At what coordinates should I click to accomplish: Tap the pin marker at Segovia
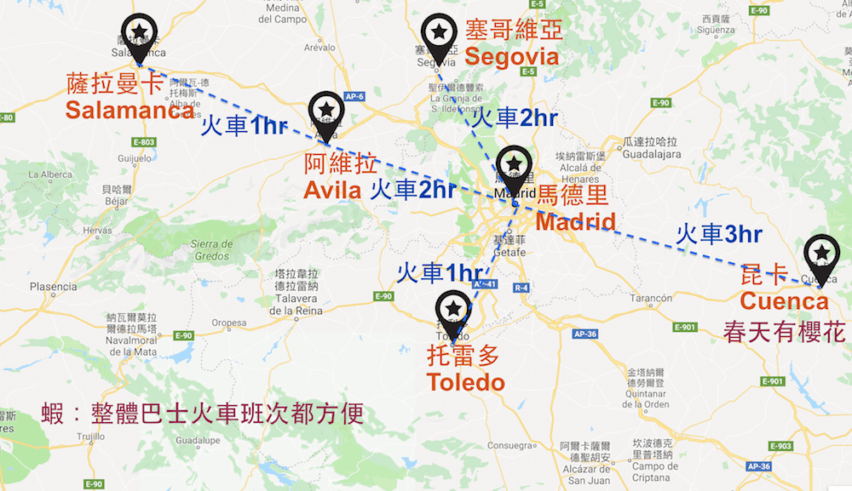(x=438, y=32)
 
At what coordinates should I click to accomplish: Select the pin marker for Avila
(x=326, y=110)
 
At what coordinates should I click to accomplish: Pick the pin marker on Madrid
(x=514, y=164)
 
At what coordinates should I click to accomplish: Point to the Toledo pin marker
(x=453, y=309)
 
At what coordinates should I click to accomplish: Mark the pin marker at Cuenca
(x=821, y=253)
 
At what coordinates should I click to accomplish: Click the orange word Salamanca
(x=129, y=111)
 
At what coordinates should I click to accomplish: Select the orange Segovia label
(x=512, y=58)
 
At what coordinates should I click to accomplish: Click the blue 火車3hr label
(x=718, y=234)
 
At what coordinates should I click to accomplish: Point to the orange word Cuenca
(x=784, y=301)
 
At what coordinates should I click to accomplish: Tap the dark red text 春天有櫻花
(x=785, y=332)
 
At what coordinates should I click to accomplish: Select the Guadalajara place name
(x=652, y=156)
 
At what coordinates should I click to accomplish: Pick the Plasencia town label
(x=53, y=287)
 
